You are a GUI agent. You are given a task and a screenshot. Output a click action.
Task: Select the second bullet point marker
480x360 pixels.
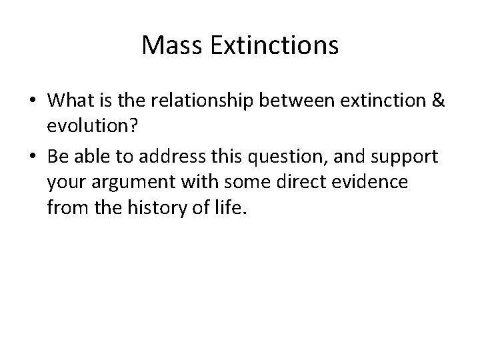coord(31,156)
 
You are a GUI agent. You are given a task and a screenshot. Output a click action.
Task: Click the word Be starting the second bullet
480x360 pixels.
coord(58,156)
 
